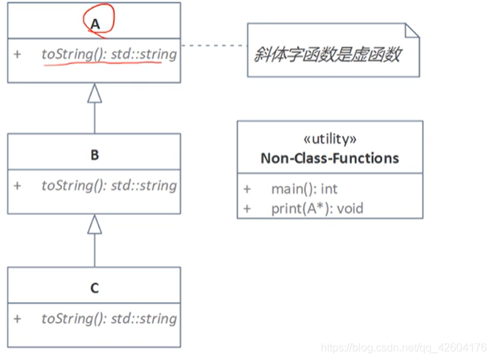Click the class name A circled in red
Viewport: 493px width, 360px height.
pos(95,23)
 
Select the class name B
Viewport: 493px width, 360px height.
pos(95,155)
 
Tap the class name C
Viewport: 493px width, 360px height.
pos(95,289)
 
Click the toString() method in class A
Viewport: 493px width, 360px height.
pos(108,54)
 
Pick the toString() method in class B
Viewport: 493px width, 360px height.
pos(108,185)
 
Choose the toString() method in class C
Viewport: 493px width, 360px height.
pos(108,318)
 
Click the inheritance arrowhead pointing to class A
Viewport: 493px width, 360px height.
pos(95,93)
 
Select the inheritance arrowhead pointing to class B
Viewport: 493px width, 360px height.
pos(95,225)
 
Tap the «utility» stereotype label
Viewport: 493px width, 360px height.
pos(330,140)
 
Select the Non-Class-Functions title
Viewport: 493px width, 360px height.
pos(330,158)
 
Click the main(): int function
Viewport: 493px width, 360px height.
pos(304,189)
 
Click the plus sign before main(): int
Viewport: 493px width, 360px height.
pos(247,189)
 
